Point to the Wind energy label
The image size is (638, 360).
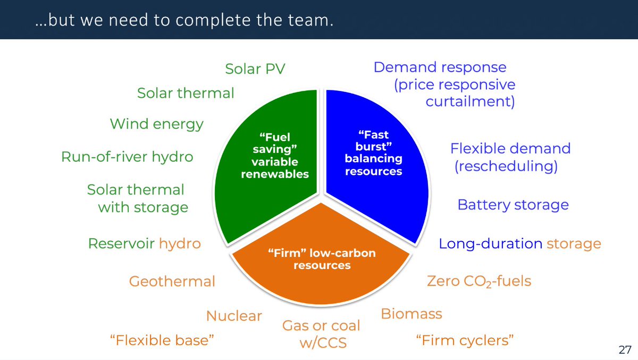click(156, 124)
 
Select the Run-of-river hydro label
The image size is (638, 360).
click(127, 157)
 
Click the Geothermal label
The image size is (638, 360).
click(172, 281)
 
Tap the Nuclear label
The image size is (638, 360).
click(234, 316)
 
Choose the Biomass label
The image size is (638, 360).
click(412, 314)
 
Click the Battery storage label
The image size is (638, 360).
click(513, 205)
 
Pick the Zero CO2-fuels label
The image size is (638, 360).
click(479, 280)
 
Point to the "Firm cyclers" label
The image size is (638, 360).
click(465, 340)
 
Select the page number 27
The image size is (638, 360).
click(625, 349)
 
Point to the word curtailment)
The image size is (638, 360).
click(470, 101)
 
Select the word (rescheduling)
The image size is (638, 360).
click(506, 166)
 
